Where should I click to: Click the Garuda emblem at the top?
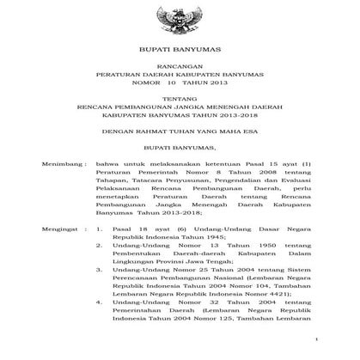(179, 18)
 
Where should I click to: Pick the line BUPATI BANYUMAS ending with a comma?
(179, 148)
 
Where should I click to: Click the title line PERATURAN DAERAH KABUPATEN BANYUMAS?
(179, 75)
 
